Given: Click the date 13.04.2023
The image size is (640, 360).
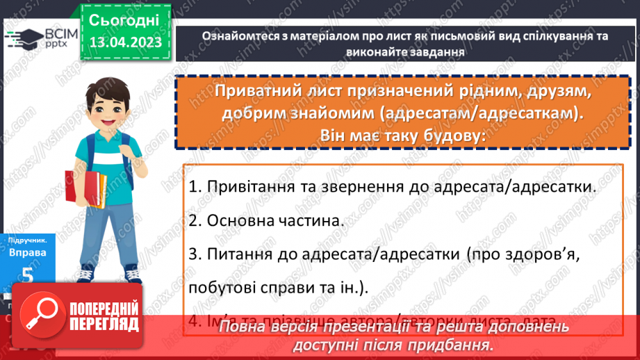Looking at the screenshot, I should [x=125, y=42].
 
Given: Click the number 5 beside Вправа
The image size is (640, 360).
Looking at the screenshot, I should [x=28, y=275].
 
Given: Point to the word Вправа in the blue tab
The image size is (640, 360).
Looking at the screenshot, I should [x=28, y=253].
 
